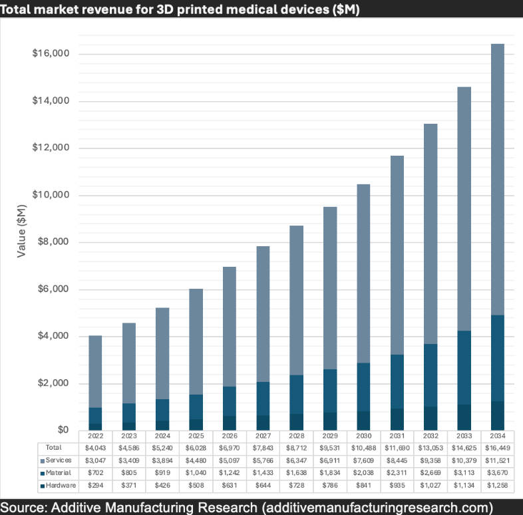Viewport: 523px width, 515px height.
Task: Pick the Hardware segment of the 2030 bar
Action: tap(364, 421)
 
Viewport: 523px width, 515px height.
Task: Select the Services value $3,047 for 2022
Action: tap(95, 460)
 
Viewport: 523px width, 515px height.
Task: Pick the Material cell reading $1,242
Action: tap(230, 472)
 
